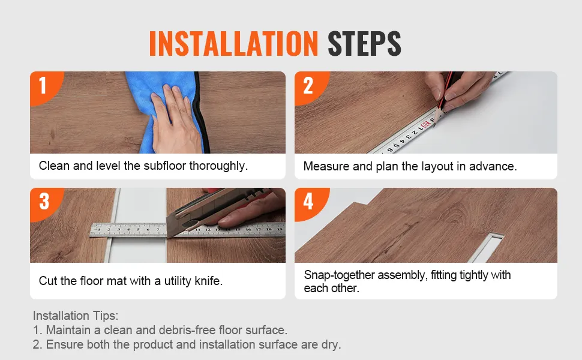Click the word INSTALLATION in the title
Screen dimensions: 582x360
pos(233,43)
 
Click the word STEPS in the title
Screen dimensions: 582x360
pos(364,43)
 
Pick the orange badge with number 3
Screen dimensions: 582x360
pos(45,203)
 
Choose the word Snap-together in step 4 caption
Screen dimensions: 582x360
pos(339,275)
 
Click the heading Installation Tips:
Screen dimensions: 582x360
pos(76,316)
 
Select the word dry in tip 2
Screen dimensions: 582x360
pos(331,345)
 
